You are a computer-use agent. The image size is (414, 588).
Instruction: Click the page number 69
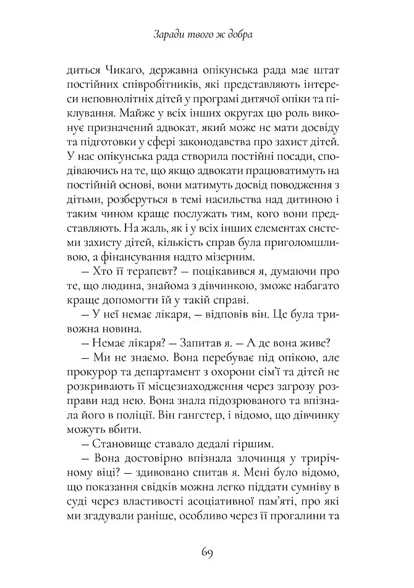[x=206, y=552]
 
